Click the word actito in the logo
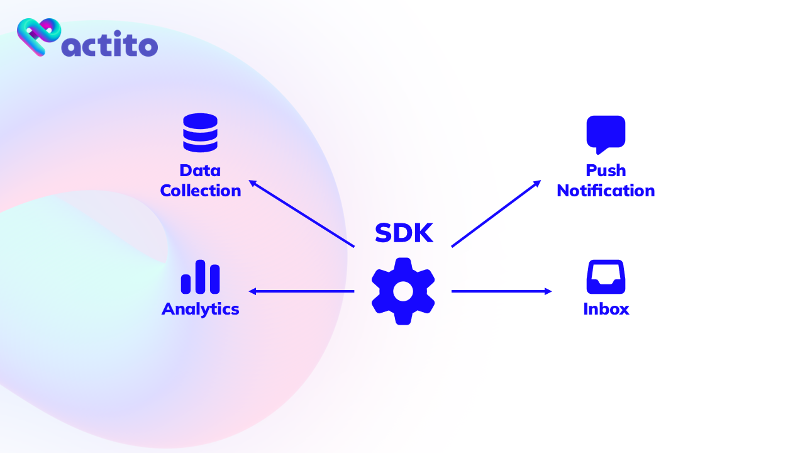coord(111,45)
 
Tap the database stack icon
coord(200,132)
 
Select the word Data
coord(200,171)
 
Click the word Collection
coord(201,191)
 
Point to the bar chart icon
coord(200,277)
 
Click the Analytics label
coord(201,309)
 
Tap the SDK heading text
coord(404,233)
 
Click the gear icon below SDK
coord(403,291)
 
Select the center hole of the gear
coord(403,291)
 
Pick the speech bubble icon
coord(606,134)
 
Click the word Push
coord(606,171)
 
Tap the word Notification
coord(606,191)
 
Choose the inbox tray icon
coord(606,277)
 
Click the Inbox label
coord(606,309)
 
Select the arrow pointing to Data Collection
coord(302,214)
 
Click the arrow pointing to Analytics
coord(302,291)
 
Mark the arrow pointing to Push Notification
coord(496,213)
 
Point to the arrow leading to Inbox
coord(501,291)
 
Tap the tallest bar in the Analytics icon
coord(201,277)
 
